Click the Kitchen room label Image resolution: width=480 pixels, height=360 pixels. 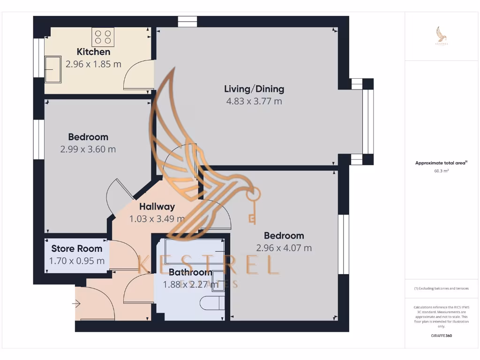coord(93,52)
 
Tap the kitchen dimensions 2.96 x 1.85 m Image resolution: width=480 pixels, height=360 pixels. coord(93,64)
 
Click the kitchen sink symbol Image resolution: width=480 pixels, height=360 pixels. coord(52,69)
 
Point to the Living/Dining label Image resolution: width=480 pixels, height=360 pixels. coord(254,89)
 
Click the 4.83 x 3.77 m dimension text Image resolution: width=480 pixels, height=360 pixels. coord(254,101)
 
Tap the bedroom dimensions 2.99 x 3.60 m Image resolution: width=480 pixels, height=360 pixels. coord(88,150)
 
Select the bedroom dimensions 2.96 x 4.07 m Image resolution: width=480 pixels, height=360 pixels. coord(284,248)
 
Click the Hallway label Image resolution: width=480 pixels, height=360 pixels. coord(157,206)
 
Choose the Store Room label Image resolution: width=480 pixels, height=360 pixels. coord(77,248)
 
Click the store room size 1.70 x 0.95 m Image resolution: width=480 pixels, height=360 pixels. coord(77,261)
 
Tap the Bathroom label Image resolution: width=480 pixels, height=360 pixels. coord(190,272)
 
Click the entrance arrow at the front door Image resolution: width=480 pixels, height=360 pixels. coord(76,304)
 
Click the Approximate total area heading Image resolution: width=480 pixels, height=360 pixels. coord(441,163)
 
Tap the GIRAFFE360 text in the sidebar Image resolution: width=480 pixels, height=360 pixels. coord(441,336)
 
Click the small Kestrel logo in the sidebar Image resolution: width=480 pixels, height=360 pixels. coord(441,36)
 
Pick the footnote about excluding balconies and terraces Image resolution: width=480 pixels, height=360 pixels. coord(441,288)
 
